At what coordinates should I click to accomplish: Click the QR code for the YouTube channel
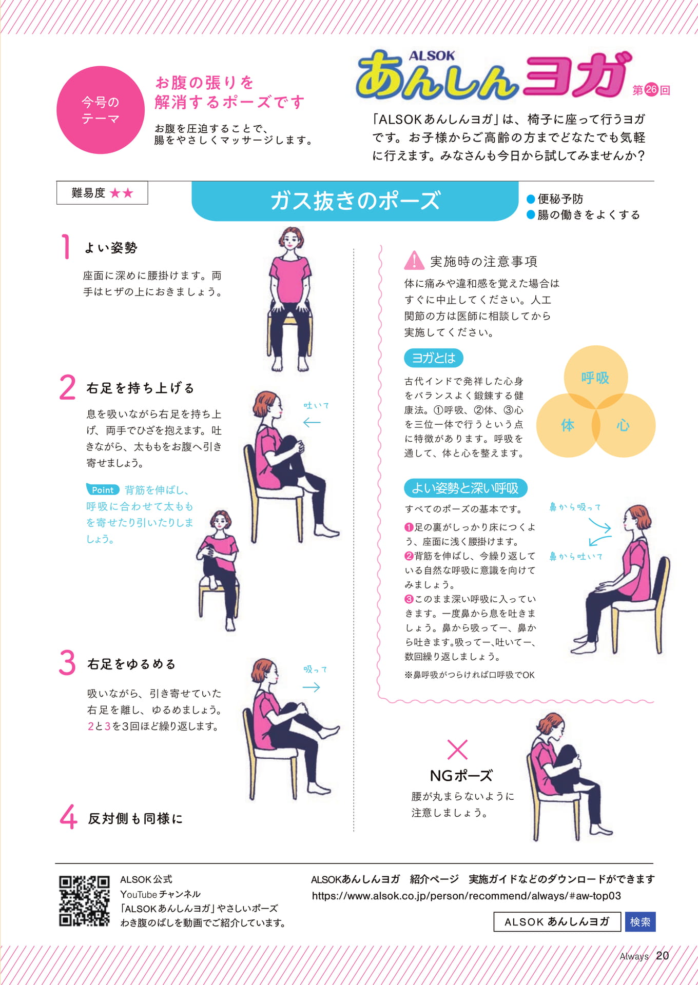click(x=84, y=900)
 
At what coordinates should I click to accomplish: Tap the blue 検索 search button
click(x=640, y=922)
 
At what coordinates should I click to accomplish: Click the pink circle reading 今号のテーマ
click(x=101, y=110)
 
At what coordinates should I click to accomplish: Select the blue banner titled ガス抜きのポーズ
click(x=355, y=201)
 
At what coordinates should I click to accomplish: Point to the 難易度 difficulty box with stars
click(x=102, y=193)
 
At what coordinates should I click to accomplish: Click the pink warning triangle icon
click(x=414, y=261)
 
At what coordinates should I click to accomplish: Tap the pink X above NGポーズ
click(x=457, y=750)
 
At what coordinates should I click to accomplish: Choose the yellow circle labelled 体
click(x=568, y=425)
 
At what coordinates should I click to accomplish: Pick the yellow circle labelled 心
click(x=624, y=425)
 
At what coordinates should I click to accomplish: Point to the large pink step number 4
click(x=68, y=817)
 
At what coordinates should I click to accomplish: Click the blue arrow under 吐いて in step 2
click(x=312, y=423)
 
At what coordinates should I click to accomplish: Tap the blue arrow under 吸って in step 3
click(x=312, y=687)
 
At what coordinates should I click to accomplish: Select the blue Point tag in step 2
click(x=103, y=490)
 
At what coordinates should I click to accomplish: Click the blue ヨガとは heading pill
click(x=434, y=358)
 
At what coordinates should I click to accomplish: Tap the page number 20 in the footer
click(x=663, y=955)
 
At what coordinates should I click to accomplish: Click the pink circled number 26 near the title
click(x=651, y=90)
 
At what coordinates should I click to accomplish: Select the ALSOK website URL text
click(x=467, y=896)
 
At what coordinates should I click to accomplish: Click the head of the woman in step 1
click(x=291, y=240)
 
